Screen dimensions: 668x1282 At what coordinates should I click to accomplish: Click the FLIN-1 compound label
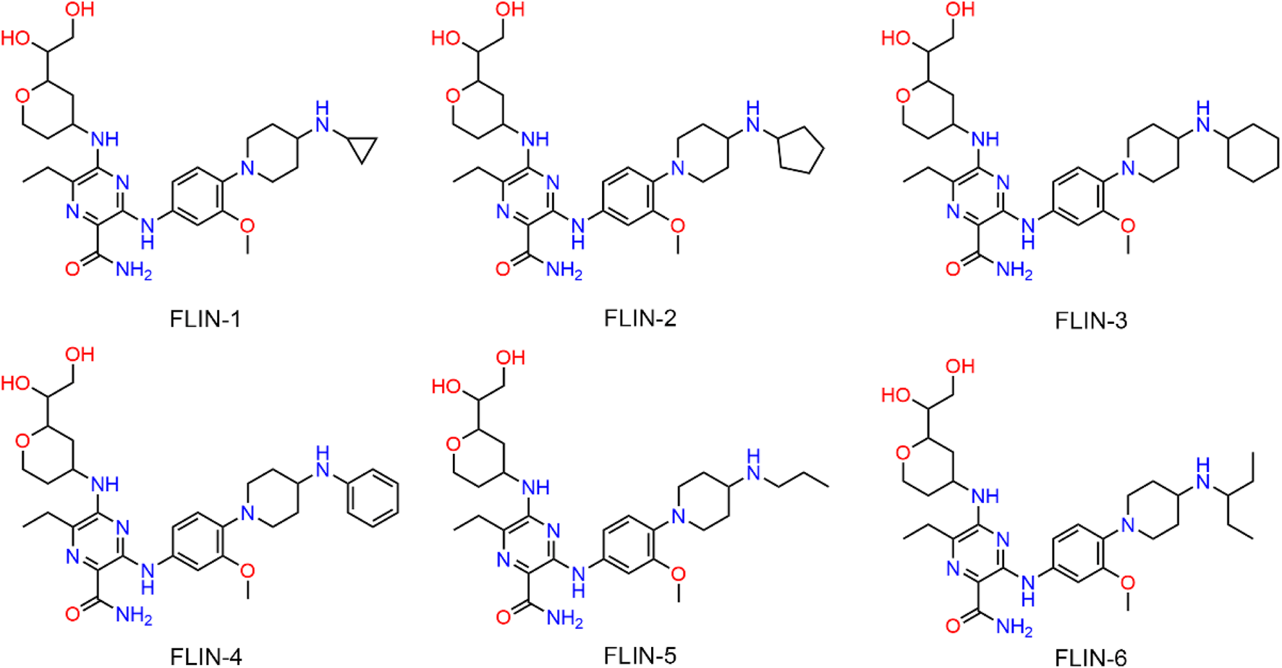pos(205,318)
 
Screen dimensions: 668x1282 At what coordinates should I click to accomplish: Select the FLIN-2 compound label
pos(640,317)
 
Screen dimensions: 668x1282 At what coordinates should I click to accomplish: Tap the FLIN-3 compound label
pos(1090,320)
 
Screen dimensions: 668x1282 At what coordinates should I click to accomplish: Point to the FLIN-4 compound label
pos(205,656)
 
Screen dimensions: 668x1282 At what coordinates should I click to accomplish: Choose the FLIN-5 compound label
pos(640,655)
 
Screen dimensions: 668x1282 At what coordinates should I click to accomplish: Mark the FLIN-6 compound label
pos(1090,656)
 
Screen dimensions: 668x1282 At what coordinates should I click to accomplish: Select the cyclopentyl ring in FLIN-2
pos(800,151)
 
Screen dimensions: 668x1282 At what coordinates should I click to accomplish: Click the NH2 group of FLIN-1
pos(133,271)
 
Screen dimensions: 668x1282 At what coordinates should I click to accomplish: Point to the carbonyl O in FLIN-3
pos(953,270)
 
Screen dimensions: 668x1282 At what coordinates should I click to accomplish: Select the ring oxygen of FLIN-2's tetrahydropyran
pos(453,95)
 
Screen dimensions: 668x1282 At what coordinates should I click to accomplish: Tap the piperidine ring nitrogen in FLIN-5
pos(678,515)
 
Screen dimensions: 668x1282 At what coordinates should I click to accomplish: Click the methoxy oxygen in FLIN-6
pos(1127,583)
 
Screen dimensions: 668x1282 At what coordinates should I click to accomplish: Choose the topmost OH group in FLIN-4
pos(80,354)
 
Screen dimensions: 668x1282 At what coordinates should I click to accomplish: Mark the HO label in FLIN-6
pos(896,395)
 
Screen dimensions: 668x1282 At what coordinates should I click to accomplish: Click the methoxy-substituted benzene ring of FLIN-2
pos(628,197)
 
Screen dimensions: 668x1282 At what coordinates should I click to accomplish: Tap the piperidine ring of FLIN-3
pos(1154,153)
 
